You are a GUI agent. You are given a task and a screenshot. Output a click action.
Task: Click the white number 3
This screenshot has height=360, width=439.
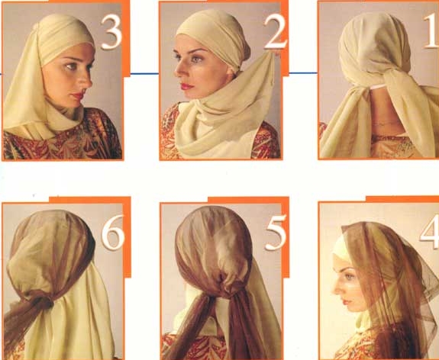point(111,32)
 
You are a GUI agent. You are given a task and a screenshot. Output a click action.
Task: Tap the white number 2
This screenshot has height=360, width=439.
point(276,33)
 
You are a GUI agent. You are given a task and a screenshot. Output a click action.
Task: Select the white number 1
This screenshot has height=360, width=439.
point(431,31)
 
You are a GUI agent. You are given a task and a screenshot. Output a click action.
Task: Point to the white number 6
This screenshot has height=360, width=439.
point(113,232)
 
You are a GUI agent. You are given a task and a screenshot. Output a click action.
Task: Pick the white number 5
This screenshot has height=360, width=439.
point(276,233)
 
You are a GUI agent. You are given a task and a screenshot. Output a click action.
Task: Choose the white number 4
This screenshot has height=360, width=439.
point(430,231)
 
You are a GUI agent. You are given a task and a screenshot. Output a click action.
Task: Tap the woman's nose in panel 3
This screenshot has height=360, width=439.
point(87,81)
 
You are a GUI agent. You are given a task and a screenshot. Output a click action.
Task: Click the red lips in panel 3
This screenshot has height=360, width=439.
point(78,95)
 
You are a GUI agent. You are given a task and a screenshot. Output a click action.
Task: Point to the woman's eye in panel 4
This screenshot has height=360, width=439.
point(349,277)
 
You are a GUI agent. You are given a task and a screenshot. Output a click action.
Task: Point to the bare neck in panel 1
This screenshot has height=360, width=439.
point(383,112)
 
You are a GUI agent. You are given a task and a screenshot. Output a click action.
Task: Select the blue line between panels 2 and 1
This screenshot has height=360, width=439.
point(303,73)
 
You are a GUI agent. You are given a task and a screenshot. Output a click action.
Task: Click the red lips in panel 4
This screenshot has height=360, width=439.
point(344,302)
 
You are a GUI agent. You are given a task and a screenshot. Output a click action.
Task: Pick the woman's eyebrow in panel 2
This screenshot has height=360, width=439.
point(198,51)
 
